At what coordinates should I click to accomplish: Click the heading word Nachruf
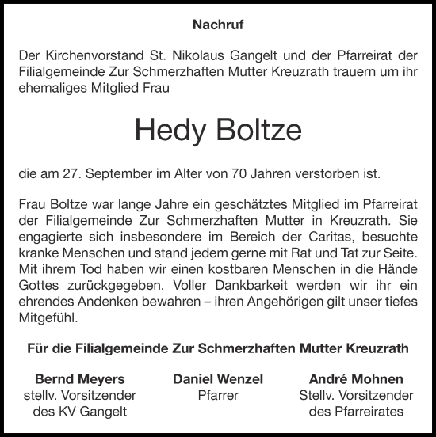click(x=217, y=25)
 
